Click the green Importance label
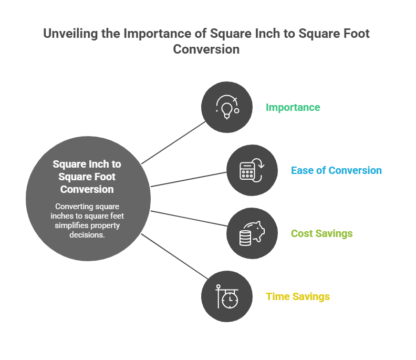click(x=293, y=108)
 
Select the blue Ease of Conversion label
click(x=336, y=171)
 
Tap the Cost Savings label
click(x=321, y=233)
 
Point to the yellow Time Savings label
click(x=298, y=297)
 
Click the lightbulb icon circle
click(x=226, y=107)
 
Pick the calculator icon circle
click(x=252, y=170)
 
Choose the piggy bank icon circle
click(x=252, y=233)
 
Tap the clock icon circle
click(x=226, y=296)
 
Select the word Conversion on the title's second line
click(x=206, y=49)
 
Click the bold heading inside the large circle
click(x=88, y=177)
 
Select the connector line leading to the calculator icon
click(x=189, y=179)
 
